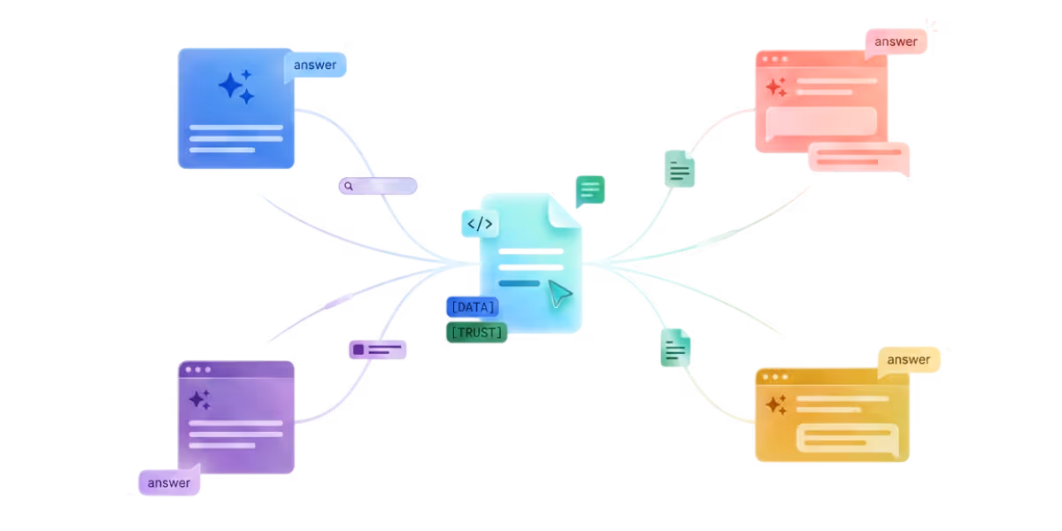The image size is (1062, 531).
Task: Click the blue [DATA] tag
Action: tap(473, 307)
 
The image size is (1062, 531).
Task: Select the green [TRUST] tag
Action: tap(476, 333)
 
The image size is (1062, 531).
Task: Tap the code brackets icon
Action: tap(480, 224)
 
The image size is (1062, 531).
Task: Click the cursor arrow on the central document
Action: tap(559, 294)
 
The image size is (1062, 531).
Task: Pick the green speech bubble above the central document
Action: tap(590, 190)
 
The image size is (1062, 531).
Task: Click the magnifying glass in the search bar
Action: tap(349, 186)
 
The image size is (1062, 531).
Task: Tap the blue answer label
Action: tap(315, 65)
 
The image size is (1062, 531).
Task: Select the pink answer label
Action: tap(896, 42)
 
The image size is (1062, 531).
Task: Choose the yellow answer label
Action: tap(908, 360)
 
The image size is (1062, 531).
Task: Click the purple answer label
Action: tap(169, 482)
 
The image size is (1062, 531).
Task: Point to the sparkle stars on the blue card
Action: tap(236, 87)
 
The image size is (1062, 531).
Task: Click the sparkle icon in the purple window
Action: tap(200, 400)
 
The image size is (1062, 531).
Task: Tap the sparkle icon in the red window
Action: tap(776, 87)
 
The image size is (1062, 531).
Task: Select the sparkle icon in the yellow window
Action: tap(776, 404)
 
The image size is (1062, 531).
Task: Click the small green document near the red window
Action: tap(680, 169)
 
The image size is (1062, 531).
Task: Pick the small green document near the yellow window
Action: tap(675, 348)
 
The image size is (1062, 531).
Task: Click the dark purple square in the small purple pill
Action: tap(358, 350)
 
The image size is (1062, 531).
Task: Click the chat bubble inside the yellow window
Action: tap(848, 439)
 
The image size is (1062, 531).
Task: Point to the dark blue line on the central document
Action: tap(519, 283)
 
